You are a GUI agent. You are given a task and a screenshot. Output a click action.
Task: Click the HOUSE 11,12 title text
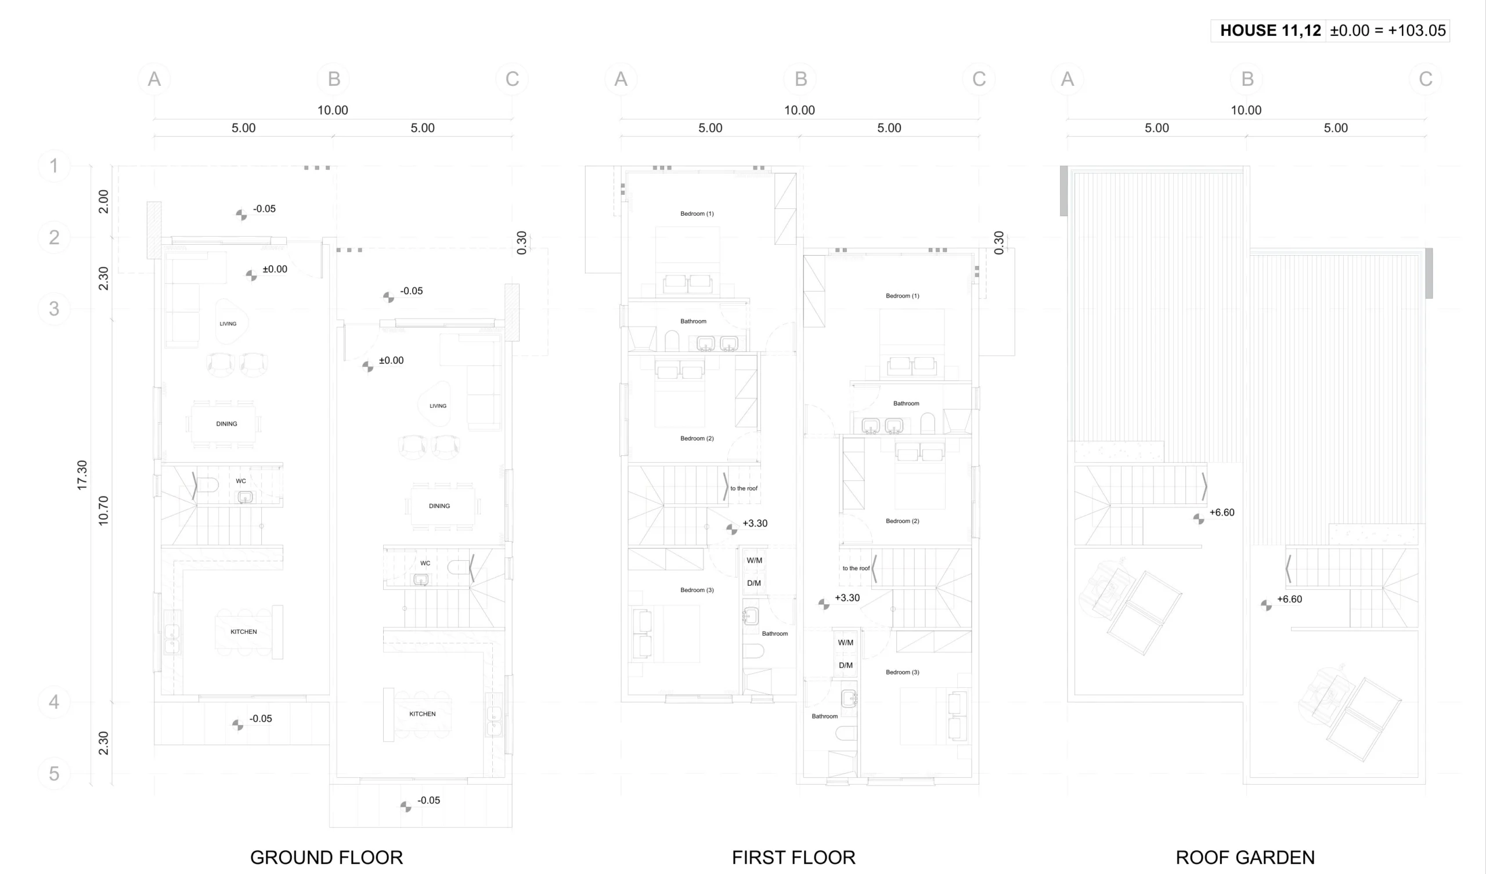click(1270, 31)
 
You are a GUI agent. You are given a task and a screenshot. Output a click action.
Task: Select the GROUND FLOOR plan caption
click(326, 857)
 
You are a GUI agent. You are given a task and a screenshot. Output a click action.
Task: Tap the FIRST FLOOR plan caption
click(794, 857)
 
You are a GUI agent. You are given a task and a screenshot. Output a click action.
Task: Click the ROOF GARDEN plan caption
click(1246, 857)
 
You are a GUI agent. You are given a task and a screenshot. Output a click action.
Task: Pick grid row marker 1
click(53, 166)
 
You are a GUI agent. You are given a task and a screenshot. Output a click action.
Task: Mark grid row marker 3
click(53, 308)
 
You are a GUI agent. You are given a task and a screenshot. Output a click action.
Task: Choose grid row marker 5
click(53, 773)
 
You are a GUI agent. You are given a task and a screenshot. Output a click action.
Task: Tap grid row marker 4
click(53, 701)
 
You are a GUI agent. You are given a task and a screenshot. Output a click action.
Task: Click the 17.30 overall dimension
click(82, 475)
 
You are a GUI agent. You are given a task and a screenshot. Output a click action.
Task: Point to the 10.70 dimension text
click(103, 510)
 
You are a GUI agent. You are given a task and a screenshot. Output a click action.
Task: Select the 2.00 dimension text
click(103, 202)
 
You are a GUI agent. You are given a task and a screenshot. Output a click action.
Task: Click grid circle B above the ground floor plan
click(334, 78)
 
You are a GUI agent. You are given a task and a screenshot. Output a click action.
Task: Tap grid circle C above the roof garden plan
click(1425, 78)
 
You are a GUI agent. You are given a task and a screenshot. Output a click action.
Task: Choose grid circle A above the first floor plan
click(621, 78)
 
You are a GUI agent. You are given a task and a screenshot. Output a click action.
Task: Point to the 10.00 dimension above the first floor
click(799, 110)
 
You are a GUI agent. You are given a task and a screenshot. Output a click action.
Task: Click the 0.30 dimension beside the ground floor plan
click(521, 243)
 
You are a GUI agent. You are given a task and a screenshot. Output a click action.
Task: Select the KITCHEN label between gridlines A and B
click(244, 632)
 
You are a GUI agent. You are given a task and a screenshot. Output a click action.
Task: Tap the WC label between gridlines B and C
click(425, 563)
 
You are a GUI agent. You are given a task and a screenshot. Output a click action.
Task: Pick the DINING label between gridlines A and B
click(226, 424)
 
